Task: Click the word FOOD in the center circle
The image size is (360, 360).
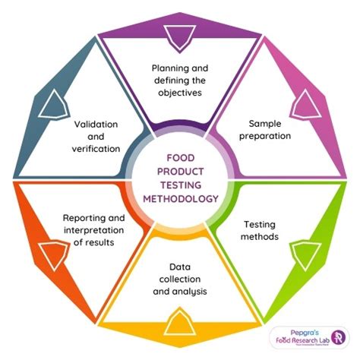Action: click(180, 159)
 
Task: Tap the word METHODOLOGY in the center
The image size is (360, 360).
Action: click(180, 198)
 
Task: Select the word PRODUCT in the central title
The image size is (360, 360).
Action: click(180, 172)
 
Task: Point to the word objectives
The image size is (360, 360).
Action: click(180, 93)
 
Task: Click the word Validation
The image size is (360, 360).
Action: click(96, 122)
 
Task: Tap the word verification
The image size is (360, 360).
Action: click(96, 148)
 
